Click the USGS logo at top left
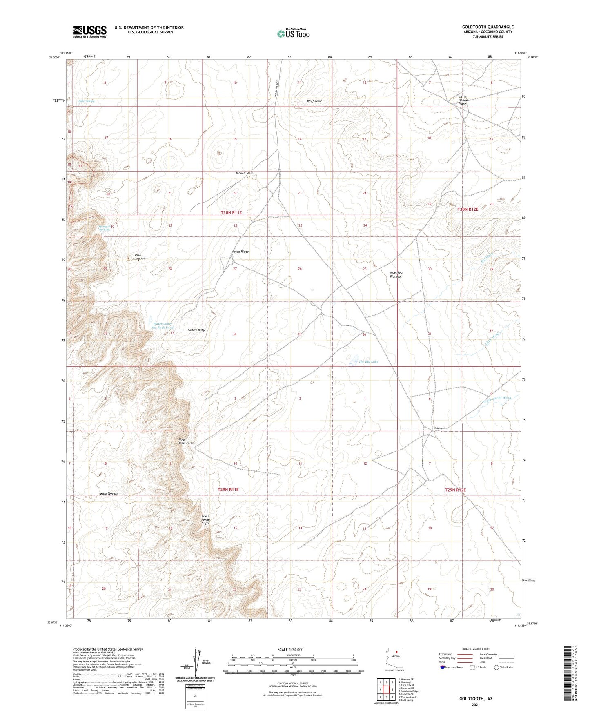(x=90, y=31)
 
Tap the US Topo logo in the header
(x=293, y=33)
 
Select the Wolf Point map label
(x=314, y=101)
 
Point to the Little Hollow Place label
(x=462, y=100)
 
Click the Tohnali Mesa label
(x=244, y=173)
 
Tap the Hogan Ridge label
(x=240, y=252)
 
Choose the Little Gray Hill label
(x=139, y=257)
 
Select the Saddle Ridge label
(x=197, y=330)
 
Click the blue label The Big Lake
(x=368, y=361)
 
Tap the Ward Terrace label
(x=109, y=494)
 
